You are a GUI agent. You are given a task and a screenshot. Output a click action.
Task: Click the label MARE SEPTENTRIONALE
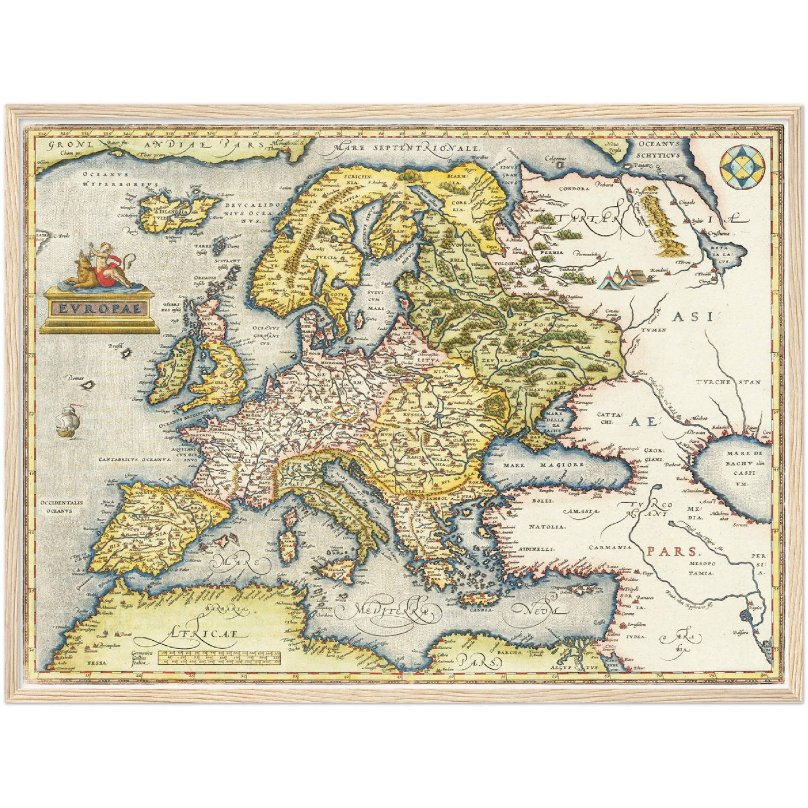point(406,148)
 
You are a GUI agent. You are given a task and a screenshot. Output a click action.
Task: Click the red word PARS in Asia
point(664,551)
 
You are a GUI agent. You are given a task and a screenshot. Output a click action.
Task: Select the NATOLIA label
point(547,526)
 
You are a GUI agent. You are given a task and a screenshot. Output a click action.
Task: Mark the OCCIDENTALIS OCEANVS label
point(62,506)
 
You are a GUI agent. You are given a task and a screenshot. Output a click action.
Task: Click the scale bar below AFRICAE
point(219,658)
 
